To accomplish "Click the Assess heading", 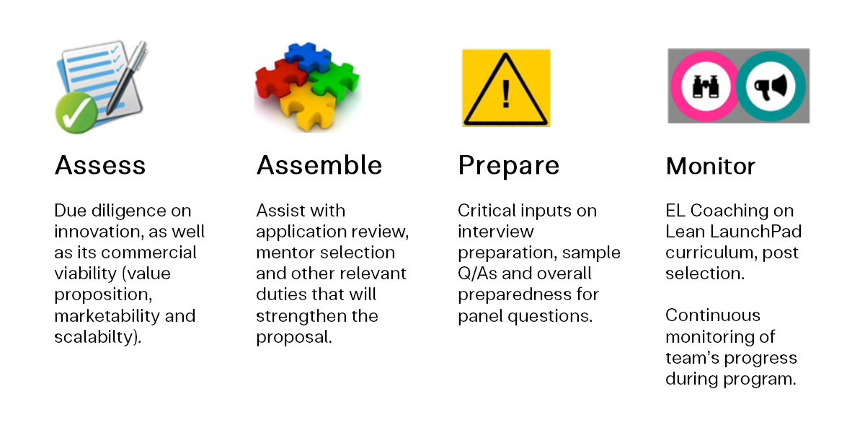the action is click(x=100, y=165).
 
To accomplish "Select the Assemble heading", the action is click(x=319, y=165).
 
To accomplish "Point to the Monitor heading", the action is click(x=711, y=167).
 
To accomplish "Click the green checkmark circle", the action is click(x=76, y=113).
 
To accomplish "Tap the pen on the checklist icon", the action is click(x=126, y=77).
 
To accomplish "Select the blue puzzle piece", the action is click(x=308, y=57).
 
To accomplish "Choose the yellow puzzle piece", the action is click(x=307, y=107).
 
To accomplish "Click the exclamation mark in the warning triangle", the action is click(x=506, y=94).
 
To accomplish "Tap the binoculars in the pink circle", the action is click(x=706, y=87).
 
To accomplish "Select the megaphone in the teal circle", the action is click(x=771, y=87).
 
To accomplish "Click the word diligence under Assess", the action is click(x=127, y=211).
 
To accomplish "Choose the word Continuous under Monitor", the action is click(x=713, y=315).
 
